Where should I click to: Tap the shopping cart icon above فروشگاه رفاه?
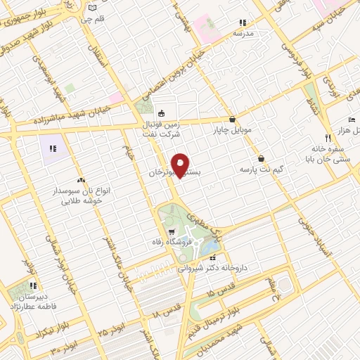coord(171,231)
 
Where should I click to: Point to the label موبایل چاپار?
coord(232,129)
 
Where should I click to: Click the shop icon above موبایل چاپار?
coord(232,119)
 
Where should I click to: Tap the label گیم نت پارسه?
coord(259,169)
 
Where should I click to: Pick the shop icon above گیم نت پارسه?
coord(262,159)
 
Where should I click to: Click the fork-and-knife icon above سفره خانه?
coord(328,138)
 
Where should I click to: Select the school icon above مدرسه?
coord(243,22)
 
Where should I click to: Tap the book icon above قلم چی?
coord(93,8)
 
